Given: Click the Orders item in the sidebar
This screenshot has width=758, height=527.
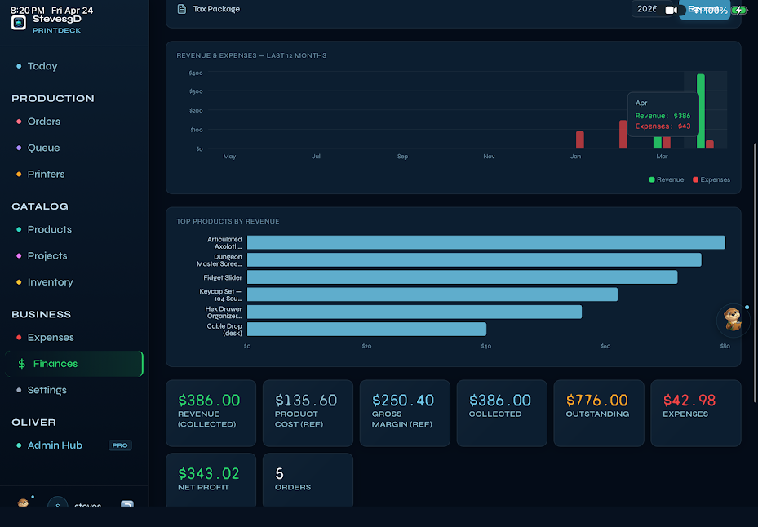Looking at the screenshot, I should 43,122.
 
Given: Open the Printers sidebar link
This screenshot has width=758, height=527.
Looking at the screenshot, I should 46,174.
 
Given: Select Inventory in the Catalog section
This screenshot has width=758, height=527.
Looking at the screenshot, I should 50,282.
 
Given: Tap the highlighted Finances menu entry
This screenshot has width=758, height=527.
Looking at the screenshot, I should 55,364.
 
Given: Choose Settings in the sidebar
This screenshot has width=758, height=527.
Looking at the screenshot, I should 47,390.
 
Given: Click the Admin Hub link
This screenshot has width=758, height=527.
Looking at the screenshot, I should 55,445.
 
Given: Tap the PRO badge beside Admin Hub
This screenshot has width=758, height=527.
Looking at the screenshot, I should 120,445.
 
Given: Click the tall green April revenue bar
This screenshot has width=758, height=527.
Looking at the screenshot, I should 700,112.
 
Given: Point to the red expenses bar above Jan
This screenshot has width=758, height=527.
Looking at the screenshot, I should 580,139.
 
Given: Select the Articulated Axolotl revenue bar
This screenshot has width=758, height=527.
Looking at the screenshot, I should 485,242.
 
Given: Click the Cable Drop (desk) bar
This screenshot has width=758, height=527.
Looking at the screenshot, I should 366,330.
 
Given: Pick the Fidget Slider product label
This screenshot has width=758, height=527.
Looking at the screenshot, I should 223,277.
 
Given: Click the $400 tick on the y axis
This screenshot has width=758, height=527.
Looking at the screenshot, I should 196,73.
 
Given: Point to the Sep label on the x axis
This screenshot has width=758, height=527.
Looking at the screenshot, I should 402,157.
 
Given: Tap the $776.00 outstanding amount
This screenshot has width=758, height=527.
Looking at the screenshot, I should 597,401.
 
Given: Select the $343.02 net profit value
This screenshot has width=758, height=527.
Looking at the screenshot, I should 209,474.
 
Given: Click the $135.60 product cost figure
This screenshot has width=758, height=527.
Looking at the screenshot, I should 306,401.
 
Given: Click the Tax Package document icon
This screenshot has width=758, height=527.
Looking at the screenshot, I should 182,10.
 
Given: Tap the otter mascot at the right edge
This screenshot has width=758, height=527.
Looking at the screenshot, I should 733,320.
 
